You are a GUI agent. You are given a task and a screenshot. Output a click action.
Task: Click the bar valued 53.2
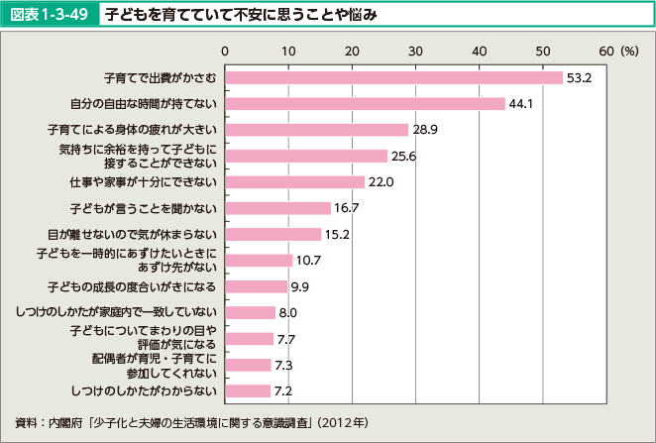click(394, 76)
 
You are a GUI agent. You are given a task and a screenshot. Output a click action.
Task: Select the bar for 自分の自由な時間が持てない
click(366, 103)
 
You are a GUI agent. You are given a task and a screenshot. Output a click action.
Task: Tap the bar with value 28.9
click(317, 130)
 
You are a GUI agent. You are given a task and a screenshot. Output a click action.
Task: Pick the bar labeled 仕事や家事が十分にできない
click(295, 181)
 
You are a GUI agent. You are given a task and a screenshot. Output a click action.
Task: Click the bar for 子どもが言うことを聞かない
click(278, 208)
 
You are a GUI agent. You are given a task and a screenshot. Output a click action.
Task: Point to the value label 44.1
click(521, 103)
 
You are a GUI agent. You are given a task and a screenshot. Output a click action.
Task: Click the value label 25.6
click(403, 156)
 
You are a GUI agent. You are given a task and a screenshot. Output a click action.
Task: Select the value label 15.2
click(338, 235)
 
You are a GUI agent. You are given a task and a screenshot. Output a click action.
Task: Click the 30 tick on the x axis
click(416, 50)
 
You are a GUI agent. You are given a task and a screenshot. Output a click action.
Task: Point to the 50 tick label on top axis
click(543, 50)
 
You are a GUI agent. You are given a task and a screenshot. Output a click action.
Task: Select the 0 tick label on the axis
click(226, 50)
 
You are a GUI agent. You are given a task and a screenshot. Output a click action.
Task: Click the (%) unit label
click(628, 50)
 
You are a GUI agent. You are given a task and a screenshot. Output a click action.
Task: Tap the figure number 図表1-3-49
click(51, 14)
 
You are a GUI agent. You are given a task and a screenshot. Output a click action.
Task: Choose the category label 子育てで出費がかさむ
click(162, 76)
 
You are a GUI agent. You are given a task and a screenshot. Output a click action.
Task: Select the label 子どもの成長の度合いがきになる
click(144, 286)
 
